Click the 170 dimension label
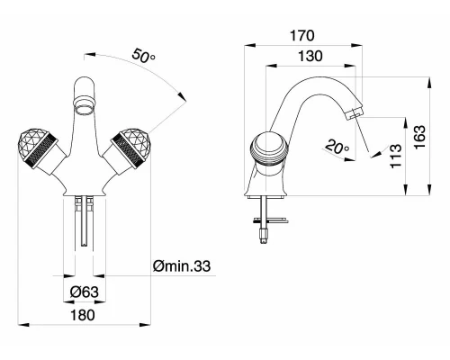point(302,35)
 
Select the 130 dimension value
point(310,56)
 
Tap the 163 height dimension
point(419,137)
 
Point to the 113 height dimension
point(395,156)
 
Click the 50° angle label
point(143,56)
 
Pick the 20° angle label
point(337,146)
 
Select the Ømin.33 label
point(182,265)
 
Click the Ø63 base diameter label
point(85,292)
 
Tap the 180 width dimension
point(83,315)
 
